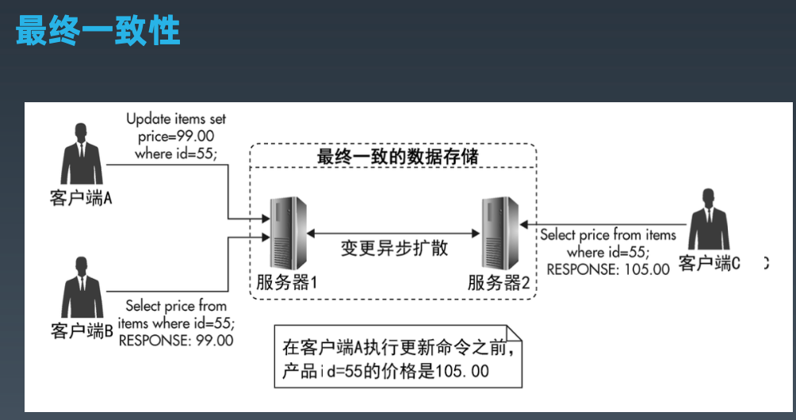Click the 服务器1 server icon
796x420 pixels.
284,231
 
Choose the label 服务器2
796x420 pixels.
498,282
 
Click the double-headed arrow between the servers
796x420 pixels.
394,232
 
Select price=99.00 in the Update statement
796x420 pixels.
174,136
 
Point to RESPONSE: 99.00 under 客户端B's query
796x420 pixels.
175,340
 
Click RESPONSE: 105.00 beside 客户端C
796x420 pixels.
607,269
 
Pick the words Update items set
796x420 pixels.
176,119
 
